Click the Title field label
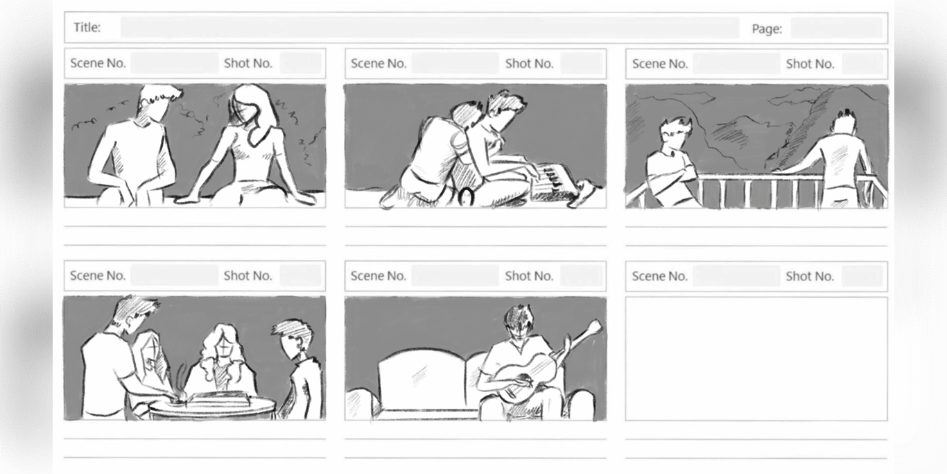[x=87, y=28]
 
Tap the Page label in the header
[x=767, y=28]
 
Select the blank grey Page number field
[x=837, y=28]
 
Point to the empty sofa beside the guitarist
[x=419, y=381]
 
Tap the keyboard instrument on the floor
[x=552, y=183]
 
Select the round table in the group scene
[x=211, y=405]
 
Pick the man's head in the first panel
[x=157, y=103]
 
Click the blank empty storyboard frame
[x=756, y=359]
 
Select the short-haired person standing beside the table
[x=299, y=369]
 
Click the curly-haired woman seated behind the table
[x=222, y=359]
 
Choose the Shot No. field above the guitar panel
[x=582, y=276]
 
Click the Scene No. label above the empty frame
[x=660, y=276]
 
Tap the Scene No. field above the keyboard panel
[x=455, y=63]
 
